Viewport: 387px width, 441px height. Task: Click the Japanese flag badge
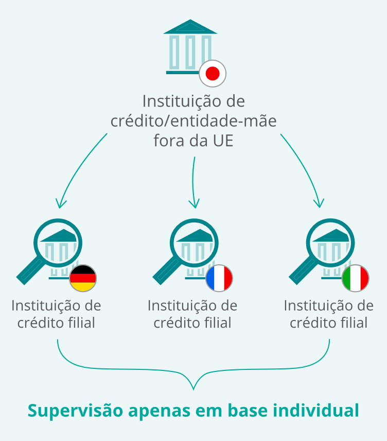pyautogui.click(x=213, y=73)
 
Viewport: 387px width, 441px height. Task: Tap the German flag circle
pyautogui.click(x=83, y=278)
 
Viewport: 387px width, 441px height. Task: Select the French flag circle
pyautogui.click(x=219, y=278)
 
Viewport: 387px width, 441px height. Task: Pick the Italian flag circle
pyautogui.click(x=356, y=278)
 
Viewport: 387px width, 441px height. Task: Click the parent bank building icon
pyautogui.click(x=190, y=47)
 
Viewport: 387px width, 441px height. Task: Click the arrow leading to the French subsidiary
pyautogui.click(x=193, y=182)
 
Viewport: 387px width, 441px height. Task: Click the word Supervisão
pyautogui.click(x=75, y=411)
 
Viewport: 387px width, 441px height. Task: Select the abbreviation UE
pyautogui.click(x=223, y=141)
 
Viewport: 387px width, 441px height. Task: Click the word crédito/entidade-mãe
pyautogui.click(x=193, y=121)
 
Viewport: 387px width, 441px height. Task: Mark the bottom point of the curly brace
pyautogui.click(x=193, y=390)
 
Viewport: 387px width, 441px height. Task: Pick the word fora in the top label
pyautogui.click(x=166, y=141)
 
